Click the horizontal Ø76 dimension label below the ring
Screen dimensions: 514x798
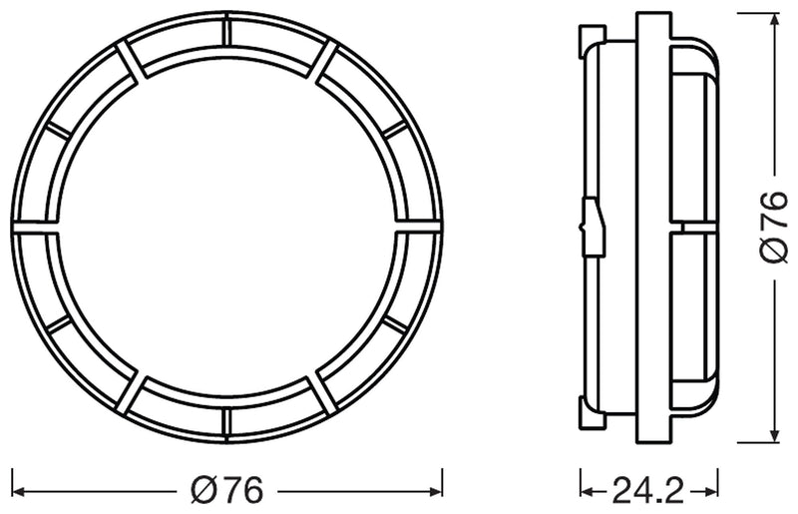click(x=227, y=490)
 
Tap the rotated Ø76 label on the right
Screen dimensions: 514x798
click(x=773, y=227)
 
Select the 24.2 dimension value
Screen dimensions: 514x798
click(x=649, y=490)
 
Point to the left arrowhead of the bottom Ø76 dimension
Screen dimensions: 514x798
click(x=18, y=490)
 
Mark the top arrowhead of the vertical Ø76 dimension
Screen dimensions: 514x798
click(x=774, y=18)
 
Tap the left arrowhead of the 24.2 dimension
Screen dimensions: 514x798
click(x=586, y=490)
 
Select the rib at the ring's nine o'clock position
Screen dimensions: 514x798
click(x=30, y=229)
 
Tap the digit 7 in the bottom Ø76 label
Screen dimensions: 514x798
click(x=228, y=490)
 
